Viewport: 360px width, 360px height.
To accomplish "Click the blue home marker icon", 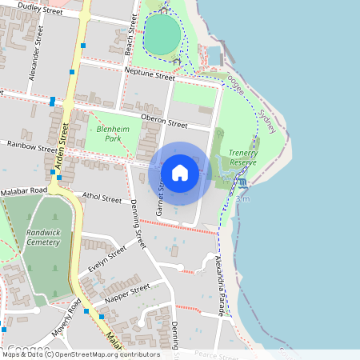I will pyautogui.click(x=180, y=172).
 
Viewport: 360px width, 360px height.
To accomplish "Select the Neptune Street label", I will pyautogui.click(x=150, y=76).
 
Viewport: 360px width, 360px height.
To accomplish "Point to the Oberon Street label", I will pyautogui.click(x=163, y=122).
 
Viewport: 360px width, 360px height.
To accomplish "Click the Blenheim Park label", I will pyautogui.click(x=112, y=133).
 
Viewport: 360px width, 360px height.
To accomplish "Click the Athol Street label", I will pyautogui.click(x=102, y=198).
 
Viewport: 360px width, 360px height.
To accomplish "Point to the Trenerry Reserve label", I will pyautogui.click(x=242, y=157).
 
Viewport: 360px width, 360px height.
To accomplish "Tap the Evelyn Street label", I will pyautogui.click(x=107, y=260).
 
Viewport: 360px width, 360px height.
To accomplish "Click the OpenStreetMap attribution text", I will pyautogui.click(x=80, y=354).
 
